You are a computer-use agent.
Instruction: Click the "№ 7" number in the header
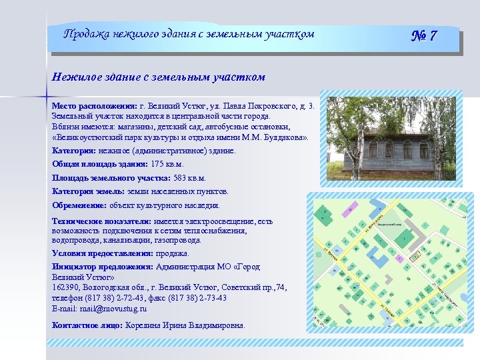423,35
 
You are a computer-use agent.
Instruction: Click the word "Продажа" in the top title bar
85,34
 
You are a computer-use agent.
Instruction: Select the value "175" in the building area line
157,164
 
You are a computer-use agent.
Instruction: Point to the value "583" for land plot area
180,178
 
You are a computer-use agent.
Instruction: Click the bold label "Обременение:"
79,205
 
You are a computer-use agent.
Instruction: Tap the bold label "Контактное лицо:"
87,325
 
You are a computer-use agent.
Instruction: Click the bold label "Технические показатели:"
101,221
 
